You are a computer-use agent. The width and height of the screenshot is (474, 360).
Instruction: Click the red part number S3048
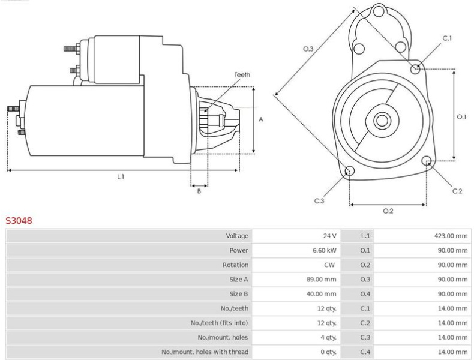coord(19,221)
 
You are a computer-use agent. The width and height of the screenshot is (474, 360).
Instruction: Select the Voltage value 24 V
coord(329,236)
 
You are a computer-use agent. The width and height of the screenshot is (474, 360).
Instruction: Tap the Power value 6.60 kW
coord(325,250)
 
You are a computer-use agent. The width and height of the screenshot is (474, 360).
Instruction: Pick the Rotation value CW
coord(329,265)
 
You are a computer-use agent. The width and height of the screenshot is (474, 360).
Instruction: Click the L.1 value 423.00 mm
coord(451,236)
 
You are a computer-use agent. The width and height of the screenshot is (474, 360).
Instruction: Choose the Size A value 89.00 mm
coord(322,279)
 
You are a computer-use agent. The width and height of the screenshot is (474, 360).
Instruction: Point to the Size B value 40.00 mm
coord(322,294)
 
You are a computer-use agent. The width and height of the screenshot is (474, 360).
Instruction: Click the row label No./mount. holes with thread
coord(205,352)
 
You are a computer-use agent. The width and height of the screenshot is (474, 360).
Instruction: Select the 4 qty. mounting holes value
coord(329,337)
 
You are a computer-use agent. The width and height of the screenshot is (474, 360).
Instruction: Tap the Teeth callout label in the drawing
coord(242,74)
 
